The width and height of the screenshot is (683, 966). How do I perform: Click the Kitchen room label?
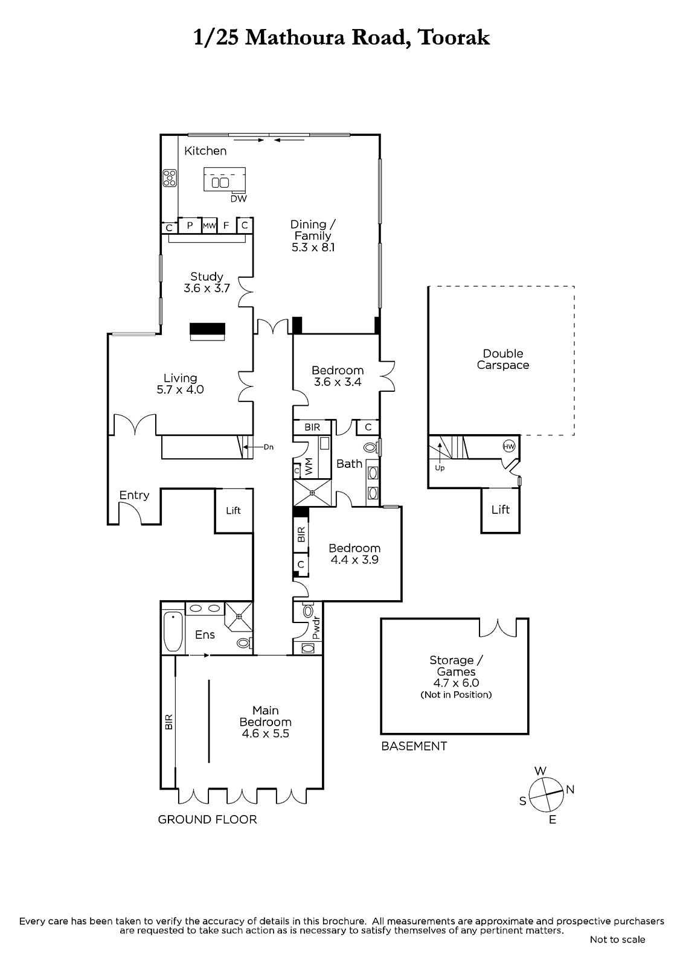coord(205,151)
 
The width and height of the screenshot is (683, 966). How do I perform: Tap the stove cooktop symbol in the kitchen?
coord(169,178)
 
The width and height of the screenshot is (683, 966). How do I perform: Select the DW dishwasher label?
coord(239,199)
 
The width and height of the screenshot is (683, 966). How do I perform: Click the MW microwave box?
coord(210,226)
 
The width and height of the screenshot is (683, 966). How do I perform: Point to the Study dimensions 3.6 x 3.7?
coord(207,288)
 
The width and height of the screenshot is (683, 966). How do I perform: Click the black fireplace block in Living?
coord(208,328)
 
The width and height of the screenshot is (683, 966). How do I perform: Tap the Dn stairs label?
coord(268,447)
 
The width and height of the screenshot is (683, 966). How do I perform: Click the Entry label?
coord(134,495)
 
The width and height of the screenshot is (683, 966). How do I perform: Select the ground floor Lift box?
coord(234,511)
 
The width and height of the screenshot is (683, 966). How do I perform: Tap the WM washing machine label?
coord(309,467)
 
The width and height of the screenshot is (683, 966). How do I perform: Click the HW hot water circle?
coord(509,447)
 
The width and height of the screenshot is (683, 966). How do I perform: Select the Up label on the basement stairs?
coord(440,467)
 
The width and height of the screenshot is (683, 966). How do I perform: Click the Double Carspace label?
coord(503,359)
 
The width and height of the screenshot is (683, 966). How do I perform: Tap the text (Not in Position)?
coord(456,694)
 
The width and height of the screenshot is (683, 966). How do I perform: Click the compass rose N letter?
coord(570,789)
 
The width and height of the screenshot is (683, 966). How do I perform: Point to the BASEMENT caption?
coord(414,746)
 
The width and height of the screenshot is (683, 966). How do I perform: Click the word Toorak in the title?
coord(454,38)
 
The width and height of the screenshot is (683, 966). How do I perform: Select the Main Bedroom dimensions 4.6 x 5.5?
coord(265,733)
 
